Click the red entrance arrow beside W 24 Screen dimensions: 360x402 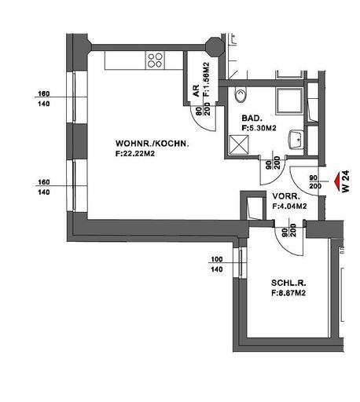tap(336, 181)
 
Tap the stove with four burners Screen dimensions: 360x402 tap(155, 60)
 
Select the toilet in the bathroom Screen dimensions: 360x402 tap(241, 94)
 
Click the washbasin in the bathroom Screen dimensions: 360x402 tap(296, 140)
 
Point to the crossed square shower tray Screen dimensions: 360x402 tap(238, 144)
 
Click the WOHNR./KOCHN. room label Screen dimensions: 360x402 tap(152, 144)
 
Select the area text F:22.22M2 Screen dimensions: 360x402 tap(135, 154)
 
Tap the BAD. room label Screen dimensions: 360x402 tap(252, 119)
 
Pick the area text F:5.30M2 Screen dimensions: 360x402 tap(259, 128)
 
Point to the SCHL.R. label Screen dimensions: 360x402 tap(288, 283)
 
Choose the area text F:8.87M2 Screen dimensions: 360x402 tap(288, 293)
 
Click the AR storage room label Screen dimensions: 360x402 tap(196, 91)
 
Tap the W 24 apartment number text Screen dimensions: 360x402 tap(346, 181)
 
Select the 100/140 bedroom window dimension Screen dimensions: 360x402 tap(217, 265)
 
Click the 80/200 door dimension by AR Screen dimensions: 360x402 tap(204, 111)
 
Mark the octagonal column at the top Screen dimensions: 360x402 tap(215, 47)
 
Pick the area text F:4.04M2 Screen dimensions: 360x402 tap(289, 206)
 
